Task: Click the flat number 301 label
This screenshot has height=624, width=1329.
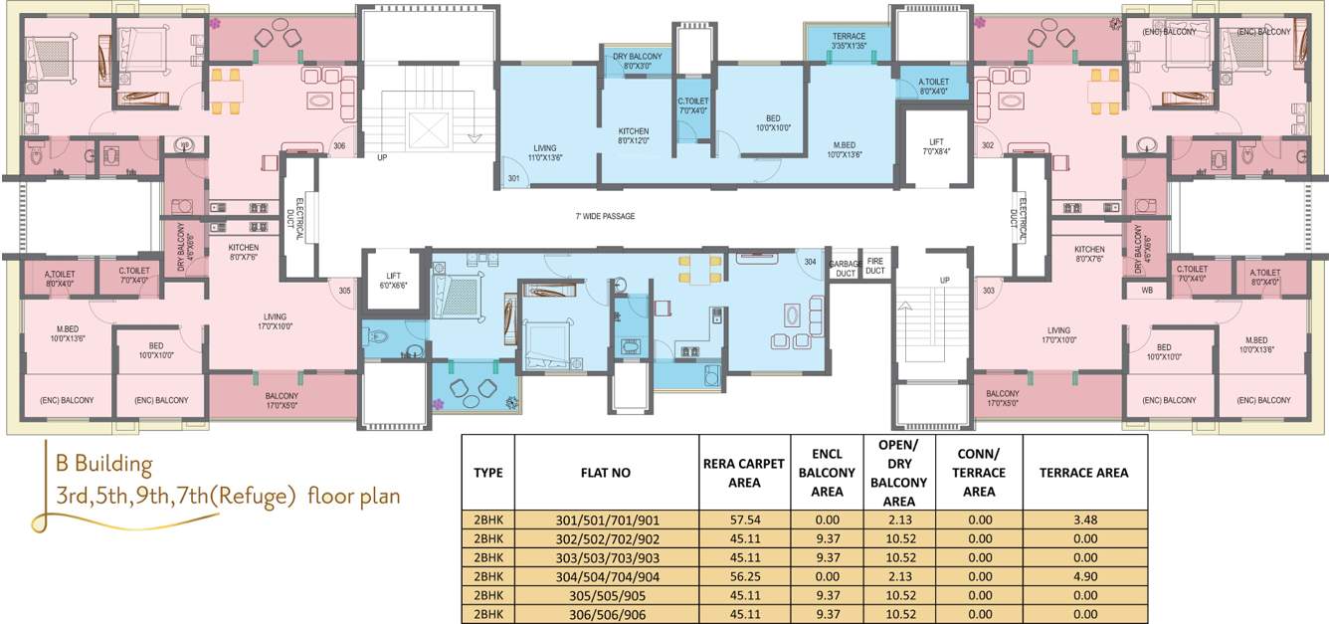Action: [x=513, y=179]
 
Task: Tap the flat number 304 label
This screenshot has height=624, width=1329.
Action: [x=811, y=263]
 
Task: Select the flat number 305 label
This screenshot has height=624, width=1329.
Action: [x=344, y=291]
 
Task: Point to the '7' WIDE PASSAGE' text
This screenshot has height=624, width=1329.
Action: [x=604, y=216]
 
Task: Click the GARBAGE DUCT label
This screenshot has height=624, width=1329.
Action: [x=844, y=267]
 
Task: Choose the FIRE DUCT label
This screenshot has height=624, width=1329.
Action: [x=874, y=267]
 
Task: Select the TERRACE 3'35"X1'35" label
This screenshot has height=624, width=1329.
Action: [x=849, y=41]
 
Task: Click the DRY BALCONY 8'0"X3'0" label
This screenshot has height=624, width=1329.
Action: [x=637, y=61]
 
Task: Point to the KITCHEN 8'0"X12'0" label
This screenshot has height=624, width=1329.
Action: [x=634, y=136]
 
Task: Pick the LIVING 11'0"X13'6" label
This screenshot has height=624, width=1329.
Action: [x=544, y=152]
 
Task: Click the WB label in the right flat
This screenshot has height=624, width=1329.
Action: [x=1146, y=291]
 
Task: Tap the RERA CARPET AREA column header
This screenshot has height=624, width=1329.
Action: [x=731, y=473]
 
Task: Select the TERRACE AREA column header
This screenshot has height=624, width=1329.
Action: [x=1083, y=473]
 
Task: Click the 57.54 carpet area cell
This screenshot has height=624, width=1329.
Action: [x=731, y=520]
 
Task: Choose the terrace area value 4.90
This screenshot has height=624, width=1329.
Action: [x=1083, y=576]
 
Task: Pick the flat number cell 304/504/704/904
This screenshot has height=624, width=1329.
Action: [x=606, y=576]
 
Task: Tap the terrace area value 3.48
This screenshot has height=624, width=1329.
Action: [x=1083, y=520]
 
